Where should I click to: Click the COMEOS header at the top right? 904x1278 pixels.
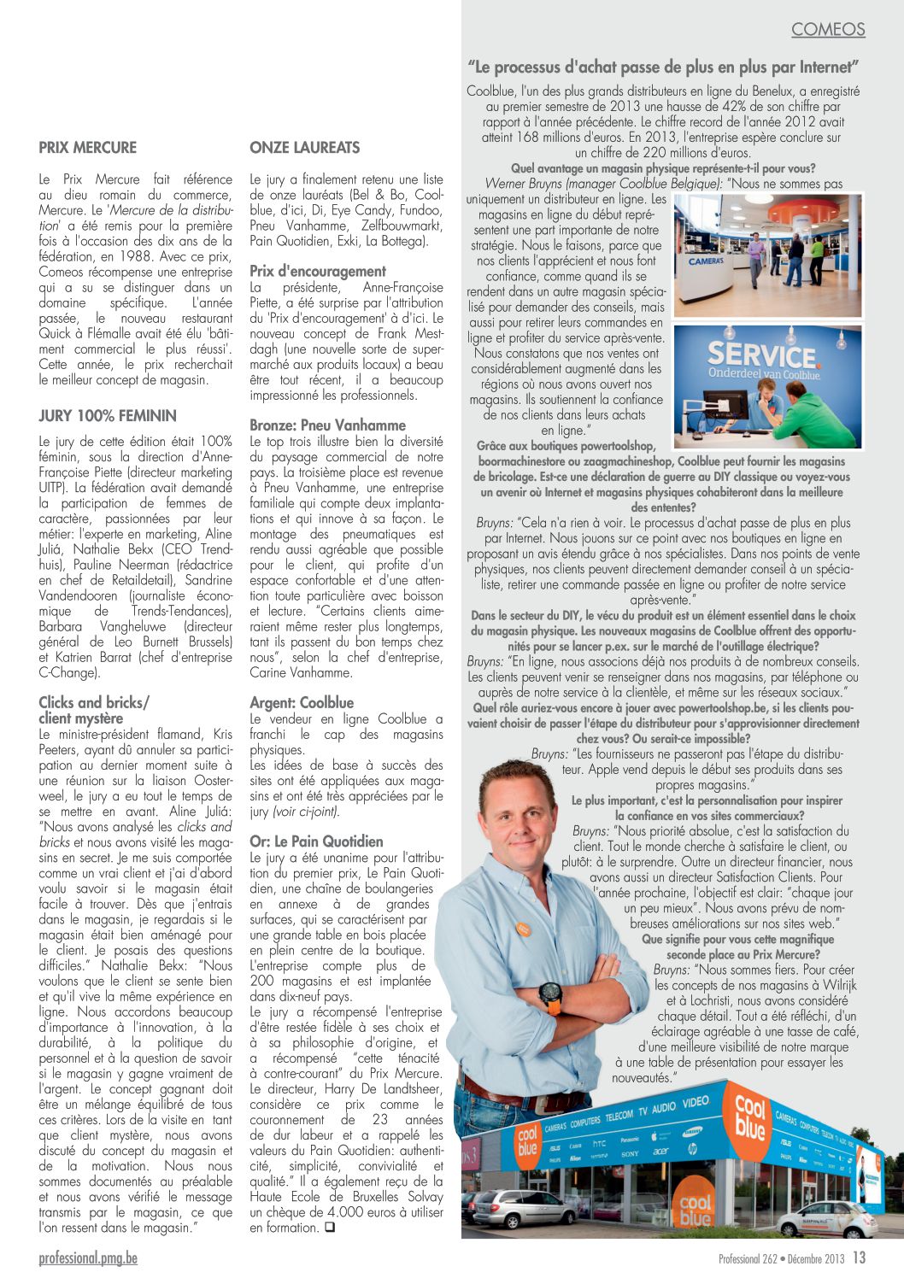click(x=827, y=29)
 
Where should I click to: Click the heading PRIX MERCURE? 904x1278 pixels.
click(x=87, y=148)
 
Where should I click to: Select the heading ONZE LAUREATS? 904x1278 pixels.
click(x=304, y=148)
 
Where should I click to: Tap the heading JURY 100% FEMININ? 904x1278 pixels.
click(x=107, y=416)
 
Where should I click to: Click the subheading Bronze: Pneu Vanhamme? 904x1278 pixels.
click(x=327, y=425)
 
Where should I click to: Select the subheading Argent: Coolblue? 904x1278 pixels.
click(x=301, y=702)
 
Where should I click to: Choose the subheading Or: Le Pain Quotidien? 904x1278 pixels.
click(x=316, y=841)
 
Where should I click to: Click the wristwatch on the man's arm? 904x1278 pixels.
click(x=550, y=994)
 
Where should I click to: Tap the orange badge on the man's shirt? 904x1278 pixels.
click(x=523, y=929)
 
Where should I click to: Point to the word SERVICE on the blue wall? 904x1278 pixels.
click(x=762, y=355)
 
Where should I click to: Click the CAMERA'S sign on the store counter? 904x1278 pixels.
click(x=707, y=261)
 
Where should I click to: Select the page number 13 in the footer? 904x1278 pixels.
click(x=859, y=1257)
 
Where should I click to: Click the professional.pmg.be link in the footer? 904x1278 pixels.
click(x=87, y=1258)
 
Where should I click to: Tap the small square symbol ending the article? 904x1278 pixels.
click(x=329, y=1228)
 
